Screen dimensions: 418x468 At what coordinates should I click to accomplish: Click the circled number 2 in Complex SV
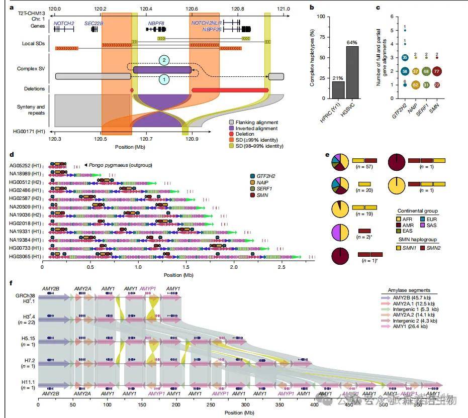click(163, 60)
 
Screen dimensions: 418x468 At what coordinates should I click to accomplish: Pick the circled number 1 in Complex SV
click(163, 79)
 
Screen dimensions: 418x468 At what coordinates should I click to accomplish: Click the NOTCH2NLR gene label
click(207, 23)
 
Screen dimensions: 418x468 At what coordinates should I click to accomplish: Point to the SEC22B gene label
click(94, 23)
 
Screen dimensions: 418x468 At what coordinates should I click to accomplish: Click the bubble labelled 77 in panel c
click(437, 71)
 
